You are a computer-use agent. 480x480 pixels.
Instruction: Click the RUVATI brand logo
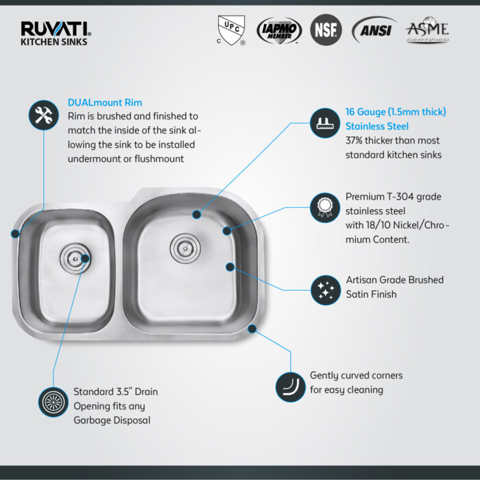point(56,32)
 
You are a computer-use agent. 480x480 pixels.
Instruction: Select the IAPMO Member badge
point(277,31)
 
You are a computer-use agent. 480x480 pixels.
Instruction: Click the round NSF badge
point(326,31)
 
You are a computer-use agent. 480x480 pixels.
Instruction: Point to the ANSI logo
point(374,31)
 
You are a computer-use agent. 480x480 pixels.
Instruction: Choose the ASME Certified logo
point(427,31)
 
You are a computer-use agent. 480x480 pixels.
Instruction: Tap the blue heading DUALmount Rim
point(105,103)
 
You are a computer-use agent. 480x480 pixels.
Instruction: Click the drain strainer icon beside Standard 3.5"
point(53,401)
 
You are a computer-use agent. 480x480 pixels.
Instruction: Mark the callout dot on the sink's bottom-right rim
point(252,329)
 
